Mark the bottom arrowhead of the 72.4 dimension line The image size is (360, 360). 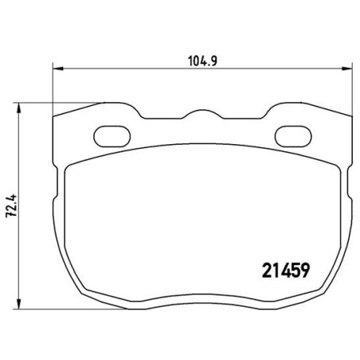click(18, 307)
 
